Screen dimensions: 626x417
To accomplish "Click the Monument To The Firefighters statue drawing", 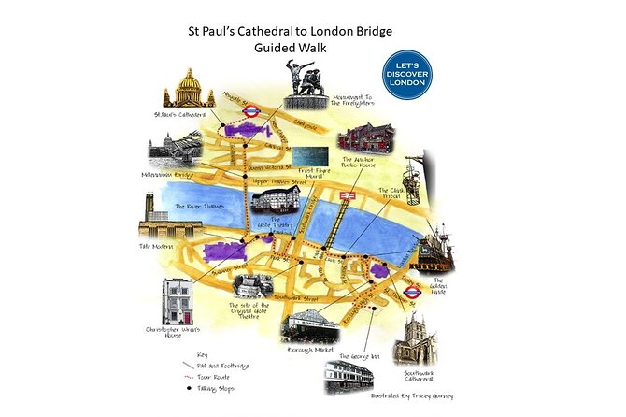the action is [305, 80].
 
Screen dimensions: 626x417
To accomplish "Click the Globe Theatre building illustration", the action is [269, 197].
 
